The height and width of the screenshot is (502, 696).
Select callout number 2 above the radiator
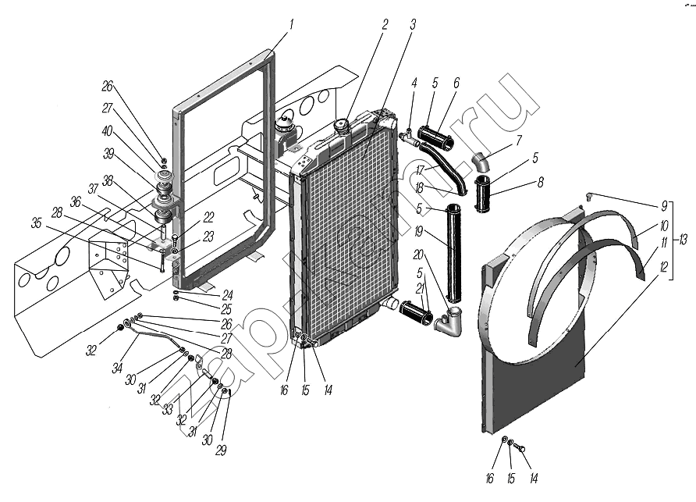pyautogui.click(x=385, y=23)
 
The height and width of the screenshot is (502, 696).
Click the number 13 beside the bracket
pyautogui.click(x=684, y=239)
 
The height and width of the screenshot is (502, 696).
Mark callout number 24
pyautogui.click(x=227, y=295)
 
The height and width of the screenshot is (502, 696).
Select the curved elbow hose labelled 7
pyautogui.click(x=481, y=162)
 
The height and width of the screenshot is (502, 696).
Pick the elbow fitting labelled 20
pyautogui.click(x=450, y=323)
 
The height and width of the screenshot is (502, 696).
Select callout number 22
pyautogui.click(x=209, y=217)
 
